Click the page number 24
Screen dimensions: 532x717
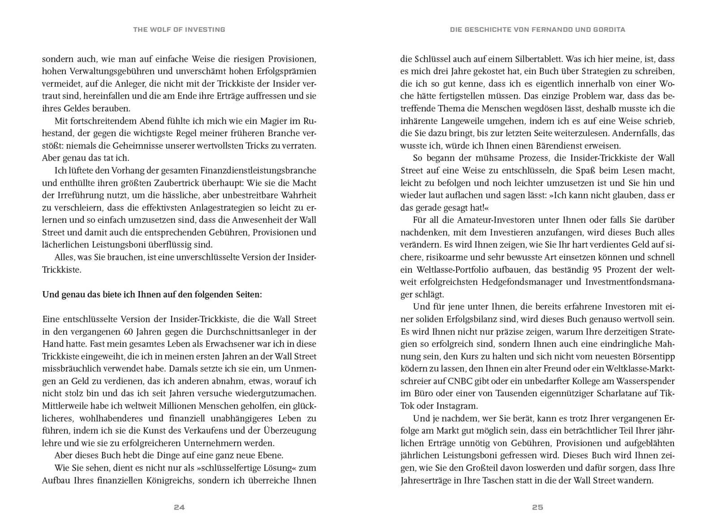click(x=179, y=507)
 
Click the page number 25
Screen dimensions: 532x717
click(x=537, y=507)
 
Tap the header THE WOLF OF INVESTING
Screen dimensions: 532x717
click(x=179, y=30)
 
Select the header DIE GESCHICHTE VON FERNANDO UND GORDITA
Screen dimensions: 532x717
click(x=537, y=30)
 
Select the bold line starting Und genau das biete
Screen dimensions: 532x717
click(x=152, y=295)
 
